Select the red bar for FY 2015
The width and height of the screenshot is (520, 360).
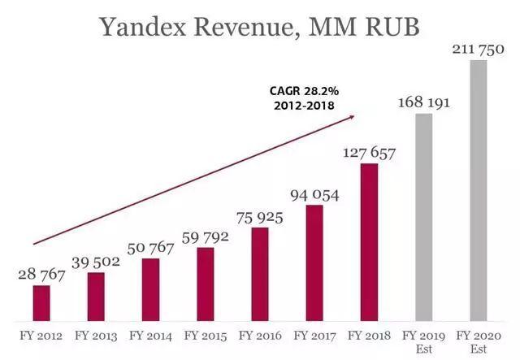click(x=206, y=284)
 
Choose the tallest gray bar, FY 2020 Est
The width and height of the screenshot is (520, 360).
click(x=479, y=190)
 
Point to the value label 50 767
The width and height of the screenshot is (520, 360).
click(x=150, y=248)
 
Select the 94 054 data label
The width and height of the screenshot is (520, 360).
click(x=314, y=194)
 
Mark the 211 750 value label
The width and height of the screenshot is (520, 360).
click(x=479, y=50)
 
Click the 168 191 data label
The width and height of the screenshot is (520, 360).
click(x=424, y=102)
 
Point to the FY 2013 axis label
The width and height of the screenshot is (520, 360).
click(x=96, y=335)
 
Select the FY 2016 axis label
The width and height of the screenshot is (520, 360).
click(x=260, y=335)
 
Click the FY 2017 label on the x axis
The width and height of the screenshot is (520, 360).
click(x=314, y=335)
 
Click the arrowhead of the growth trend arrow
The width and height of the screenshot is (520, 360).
click(x=352, y=117)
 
